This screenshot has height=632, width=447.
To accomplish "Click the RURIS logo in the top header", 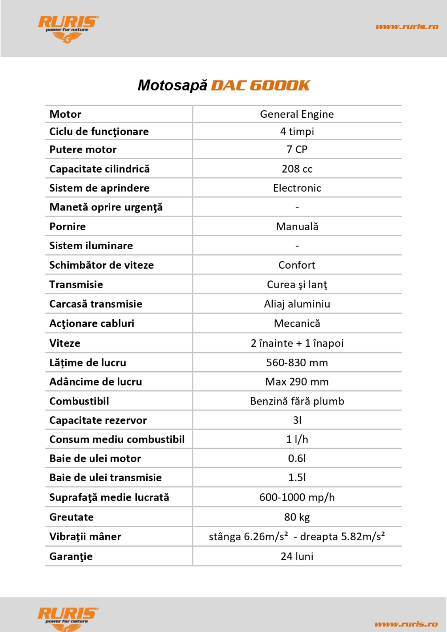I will coord(68,28).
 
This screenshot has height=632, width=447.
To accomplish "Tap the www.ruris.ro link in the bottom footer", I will coord(406,624).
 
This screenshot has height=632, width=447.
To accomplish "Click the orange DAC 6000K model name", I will coord(260,85).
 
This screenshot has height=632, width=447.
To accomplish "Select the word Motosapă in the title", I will coord(172,85).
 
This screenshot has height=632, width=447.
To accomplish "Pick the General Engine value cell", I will coord(297,114).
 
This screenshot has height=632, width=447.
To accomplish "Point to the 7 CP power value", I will coord(297,149).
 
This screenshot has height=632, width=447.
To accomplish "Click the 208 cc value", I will coord(297,169).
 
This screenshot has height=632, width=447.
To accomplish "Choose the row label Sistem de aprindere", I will coord(99,188).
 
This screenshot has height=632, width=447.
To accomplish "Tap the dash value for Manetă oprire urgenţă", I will coord(297,207).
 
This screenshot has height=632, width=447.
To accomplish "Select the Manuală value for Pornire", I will coord(297,227).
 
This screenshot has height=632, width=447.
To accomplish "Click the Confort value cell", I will coord(297,265).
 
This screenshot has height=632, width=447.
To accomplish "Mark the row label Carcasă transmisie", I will coord(96,304).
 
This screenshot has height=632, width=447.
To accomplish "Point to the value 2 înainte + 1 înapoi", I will coord(297,343).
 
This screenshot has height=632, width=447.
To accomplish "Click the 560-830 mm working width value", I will coord(297,363).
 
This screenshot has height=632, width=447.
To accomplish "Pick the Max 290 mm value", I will coord(297,382).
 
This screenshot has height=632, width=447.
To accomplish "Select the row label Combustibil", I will coord(79,401).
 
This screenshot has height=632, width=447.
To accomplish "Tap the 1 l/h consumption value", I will coord(297,439).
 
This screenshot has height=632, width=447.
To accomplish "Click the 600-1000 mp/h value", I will coord(297,497).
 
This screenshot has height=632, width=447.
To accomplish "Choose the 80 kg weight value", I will coord(297,517).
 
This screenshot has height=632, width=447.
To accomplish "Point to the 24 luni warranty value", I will coord(297,556).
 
